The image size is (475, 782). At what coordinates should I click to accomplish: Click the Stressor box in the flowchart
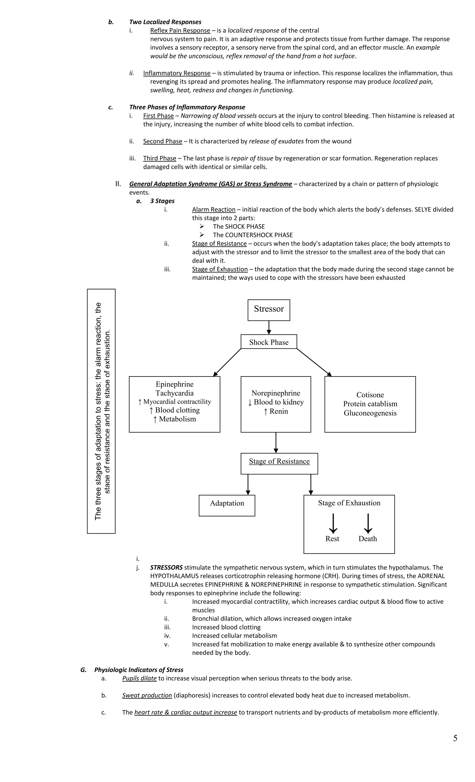(269, 310)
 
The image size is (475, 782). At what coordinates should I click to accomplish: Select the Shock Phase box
(269, 342)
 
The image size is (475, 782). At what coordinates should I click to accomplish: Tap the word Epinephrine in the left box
(174, 384)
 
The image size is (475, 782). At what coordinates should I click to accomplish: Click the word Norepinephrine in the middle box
(276, 393)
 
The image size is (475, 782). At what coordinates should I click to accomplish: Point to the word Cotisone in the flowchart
(370, 395)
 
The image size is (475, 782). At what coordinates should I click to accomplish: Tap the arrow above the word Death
(368, 523)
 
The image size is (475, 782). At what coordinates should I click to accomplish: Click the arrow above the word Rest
(333, 523)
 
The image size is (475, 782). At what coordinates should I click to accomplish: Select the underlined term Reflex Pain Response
(180, 30)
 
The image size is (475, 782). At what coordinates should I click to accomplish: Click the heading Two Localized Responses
(165, 22)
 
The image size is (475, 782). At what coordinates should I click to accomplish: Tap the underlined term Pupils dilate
(139, 678)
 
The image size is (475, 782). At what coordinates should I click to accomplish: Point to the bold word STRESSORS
(166, 567)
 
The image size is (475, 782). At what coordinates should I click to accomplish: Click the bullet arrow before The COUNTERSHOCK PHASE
(202, 235)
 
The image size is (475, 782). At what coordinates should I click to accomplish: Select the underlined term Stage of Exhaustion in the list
(220, 269)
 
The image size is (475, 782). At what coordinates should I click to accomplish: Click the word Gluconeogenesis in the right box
(370, 413)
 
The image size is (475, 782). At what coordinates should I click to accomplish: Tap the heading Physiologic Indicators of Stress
(138, 670)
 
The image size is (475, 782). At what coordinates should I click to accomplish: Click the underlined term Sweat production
(147, 695)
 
